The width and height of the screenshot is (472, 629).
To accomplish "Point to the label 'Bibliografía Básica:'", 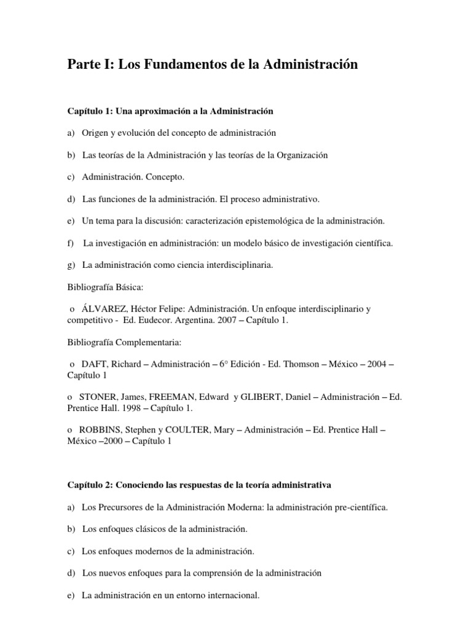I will pyautogui.click(x=105, y=287).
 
